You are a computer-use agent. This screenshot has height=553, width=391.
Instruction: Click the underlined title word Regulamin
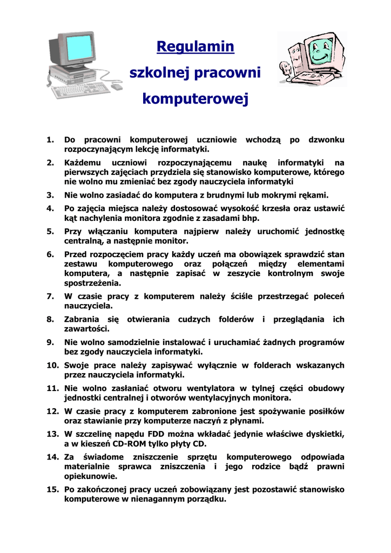pyautogui.click(x=195, y=47)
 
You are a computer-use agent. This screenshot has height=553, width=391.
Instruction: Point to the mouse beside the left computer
pyautogui.click(x=117, y=86)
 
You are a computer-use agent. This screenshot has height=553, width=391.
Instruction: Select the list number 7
pyautogui.click(x=50, y=296)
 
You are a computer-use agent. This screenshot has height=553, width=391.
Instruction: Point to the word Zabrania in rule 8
pyautogui.click(x=82, y=319)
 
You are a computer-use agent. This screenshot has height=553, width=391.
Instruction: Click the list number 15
pyautogui.click(x=52, y=490)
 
